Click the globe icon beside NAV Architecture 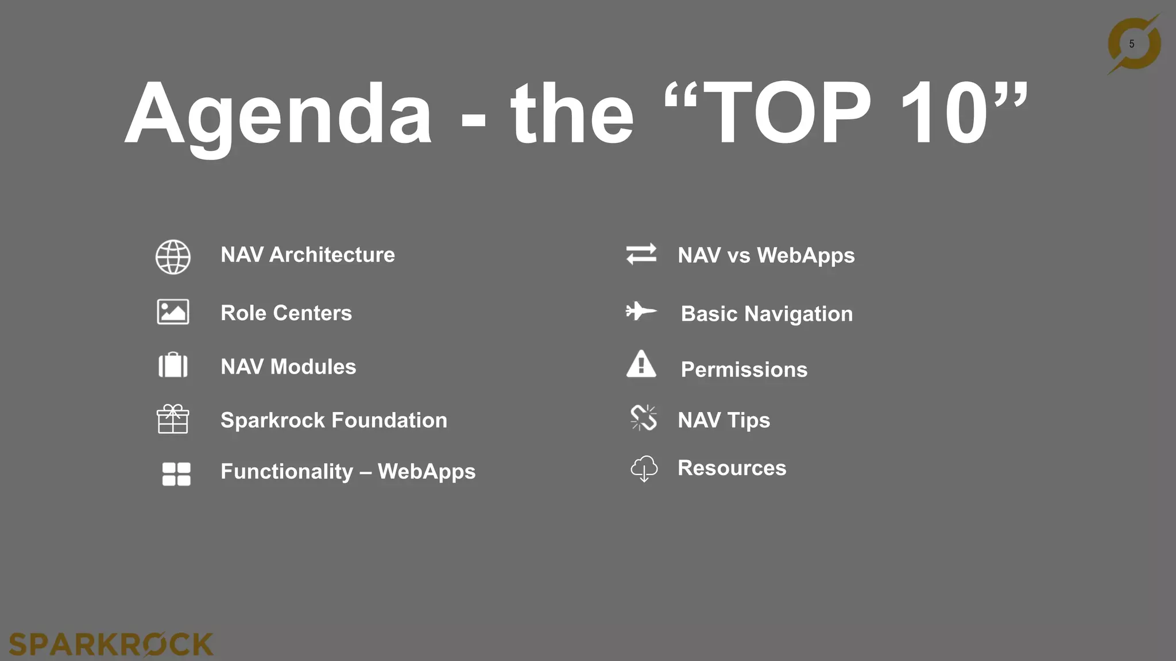[x=173, y=257]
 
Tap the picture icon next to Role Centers [x=173, y=312]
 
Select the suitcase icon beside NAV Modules [x=173, y=365]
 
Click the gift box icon [x=173, y=419]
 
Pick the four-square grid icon [x=176, y=474]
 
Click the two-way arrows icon [x=641, y=254]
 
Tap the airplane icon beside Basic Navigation [x=641, y=312]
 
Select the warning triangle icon [x=641, y=364]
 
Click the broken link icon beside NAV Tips [x=643, y=418]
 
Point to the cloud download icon [x=644, y=469]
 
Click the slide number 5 [x=1132, y=44]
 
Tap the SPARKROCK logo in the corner [x=111, y=644]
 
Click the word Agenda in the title [x=278, y=115]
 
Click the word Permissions [x=744, y=370]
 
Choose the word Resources [x=732, y=468]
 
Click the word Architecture [x=332, y=255]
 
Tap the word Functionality [x=287, y=472]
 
